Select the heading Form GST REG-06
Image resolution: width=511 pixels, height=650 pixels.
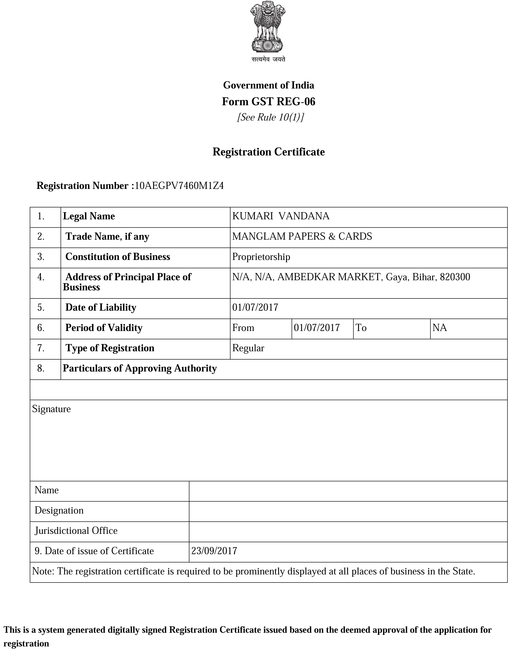click(268, 102)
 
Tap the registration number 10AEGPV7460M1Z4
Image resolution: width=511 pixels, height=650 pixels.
click(179, 186)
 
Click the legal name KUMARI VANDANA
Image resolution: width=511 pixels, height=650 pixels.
click(281, 216)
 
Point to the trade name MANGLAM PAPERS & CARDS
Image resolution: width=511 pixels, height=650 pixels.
click(302, 237)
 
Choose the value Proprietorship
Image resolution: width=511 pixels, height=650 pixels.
click(261, 257)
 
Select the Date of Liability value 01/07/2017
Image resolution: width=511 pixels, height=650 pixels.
click(255, 307)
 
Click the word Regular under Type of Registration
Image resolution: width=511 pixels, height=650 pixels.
click(248, 348)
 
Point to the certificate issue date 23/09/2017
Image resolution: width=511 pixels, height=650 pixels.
click(214, 551)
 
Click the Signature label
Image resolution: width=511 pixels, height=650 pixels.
click(51, 409)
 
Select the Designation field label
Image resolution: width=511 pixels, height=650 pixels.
click(59, 510)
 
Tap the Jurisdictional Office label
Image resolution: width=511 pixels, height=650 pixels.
click(76, 531)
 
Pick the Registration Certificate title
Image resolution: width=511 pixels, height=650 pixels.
click(268, 152)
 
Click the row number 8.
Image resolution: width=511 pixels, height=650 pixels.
click(41, 368)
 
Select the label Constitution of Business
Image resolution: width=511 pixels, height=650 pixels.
click(118, 257)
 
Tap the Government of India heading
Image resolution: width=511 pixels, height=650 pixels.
click(268, 85)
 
